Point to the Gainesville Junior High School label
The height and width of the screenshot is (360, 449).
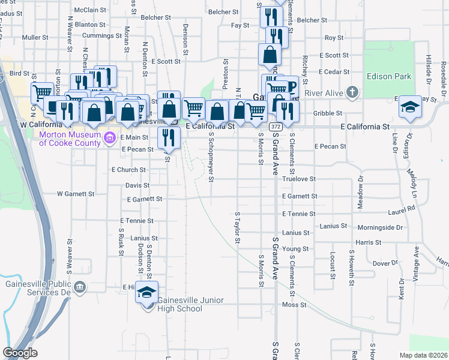178,304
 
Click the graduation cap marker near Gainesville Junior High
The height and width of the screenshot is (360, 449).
146,292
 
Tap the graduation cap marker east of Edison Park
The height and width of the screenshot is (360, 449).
410,107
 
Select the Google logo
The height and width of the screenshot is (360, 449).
20,353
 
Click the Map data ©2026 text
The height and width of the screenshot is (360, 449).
424,355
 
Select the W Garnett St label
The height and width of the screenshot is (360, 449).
76,194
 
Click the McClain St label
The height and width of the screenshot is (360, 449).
90,10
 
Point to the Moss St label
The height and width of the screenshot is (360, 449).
294,305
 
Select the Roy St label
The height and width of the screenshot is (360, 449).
334,38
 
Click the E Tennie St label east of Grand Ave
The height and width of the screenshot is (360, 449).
299,214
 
